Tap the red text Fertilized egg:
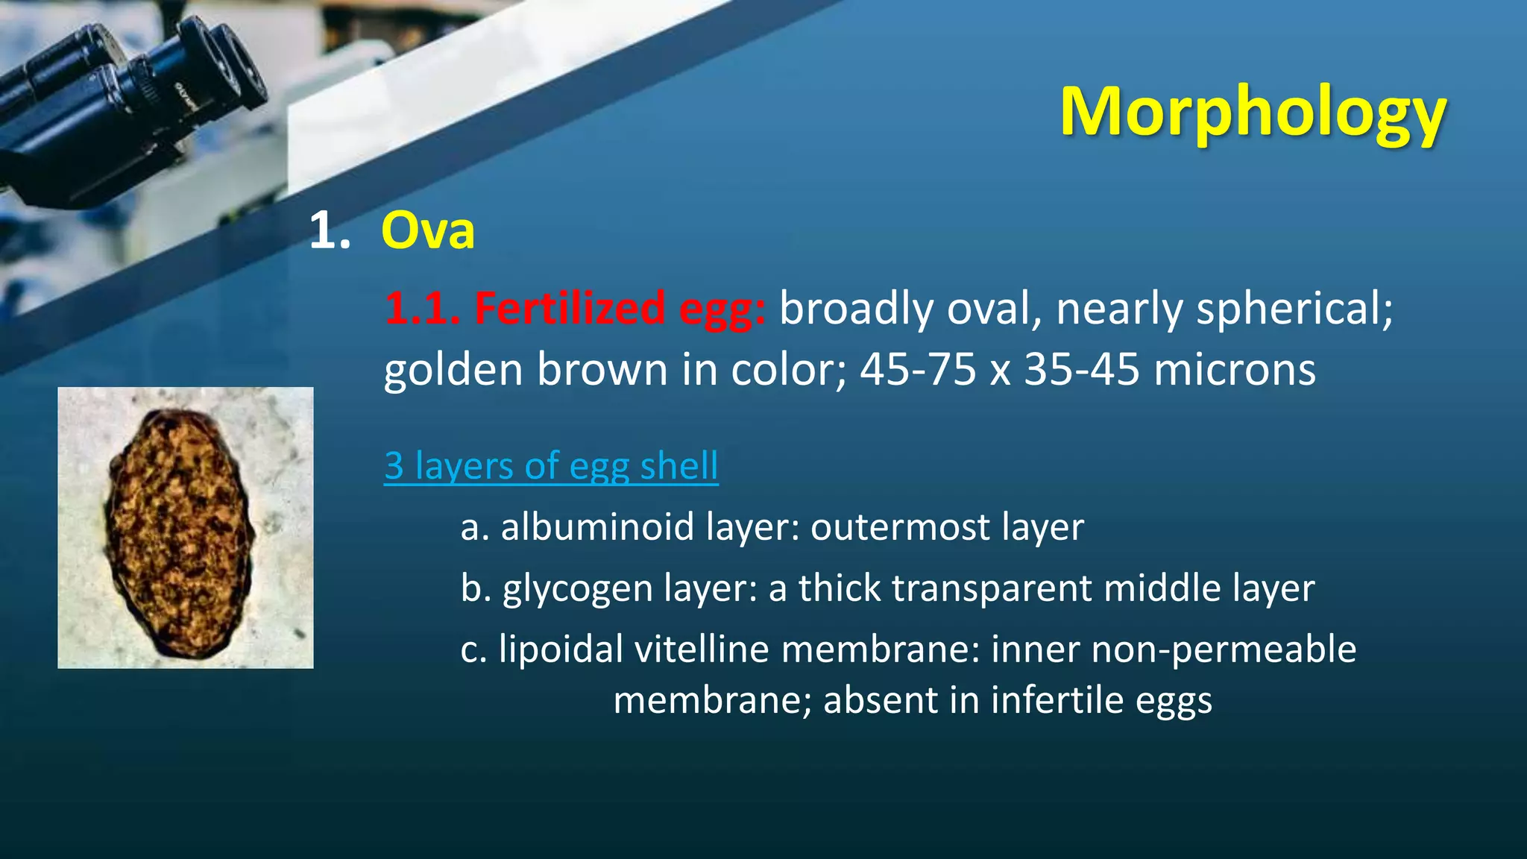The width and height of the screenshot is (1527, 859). [575, 308]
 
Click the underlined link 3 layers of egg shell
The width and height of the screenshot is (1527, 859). [551, 466]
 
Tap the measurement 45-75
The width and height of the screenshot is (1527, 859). [918, 370]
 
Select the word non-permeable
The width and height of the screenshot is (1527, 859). [1224, 649]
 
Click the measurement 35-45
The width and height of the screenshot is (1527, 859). [1081, 370]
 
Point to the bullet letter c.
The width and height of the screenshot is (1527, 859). [473, 649]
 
